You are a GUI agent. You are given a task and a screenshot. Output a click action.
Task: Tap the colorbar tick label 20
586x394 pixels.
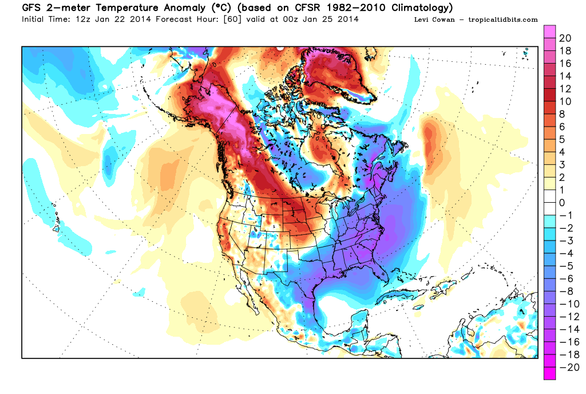tap(565, 38)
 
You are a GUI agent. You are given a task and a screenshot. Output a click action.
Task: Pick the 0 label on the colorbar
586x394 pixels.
tap(562, 203)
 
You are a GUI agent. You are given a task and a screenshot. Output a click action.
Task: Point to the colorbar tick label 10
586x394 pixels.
tap(565, 101)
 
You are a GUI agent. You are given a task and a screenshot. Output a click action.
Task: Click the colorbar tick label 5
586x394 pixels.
tap(562, 139)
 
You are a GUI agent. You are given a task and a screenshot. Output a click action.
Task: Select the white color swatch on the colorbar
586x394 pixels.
tap(549, 203)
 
